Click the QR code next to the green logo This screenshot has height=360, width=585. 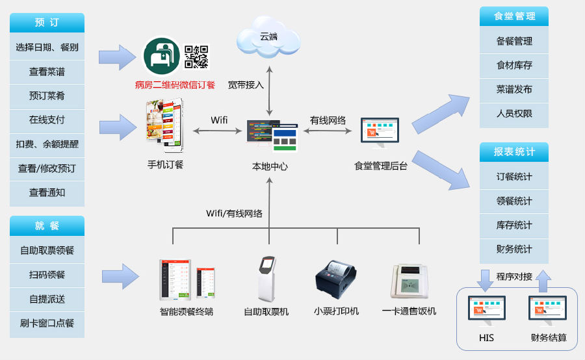(x=196, y=57)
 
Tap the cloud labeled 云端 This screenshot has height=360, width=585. (x=268, y=37)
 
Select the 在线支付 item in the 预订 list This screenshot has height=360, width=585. (x=47, y=120)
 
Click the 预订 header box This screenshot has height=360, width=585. (x=47, y=23)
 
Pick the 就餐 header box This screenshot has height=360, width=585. (x=47, y=225)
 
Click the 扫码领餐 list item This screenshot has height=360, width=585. (x=47, y=275)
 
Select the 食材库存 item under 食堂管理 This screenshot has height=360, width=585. (x=514, y=65)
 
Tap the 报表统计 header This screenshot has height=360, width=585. (x=514, y=152)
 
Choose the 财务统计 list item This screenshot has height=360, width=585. (x=514, y=249)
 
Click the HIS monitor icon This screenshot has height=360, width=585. (x=487, y=311)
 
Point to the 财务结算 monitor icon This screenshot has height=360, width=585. (x=548, y=311)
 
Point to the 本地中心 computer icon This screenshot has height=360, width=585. (x=271, y=135)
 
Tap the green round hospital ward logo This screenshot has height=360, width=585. (x=162, y=56)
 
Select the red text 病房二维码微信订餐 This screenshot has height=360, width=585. (x=175, y=84)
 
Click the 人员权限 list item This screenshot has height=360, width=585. (x=514, y=113)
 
